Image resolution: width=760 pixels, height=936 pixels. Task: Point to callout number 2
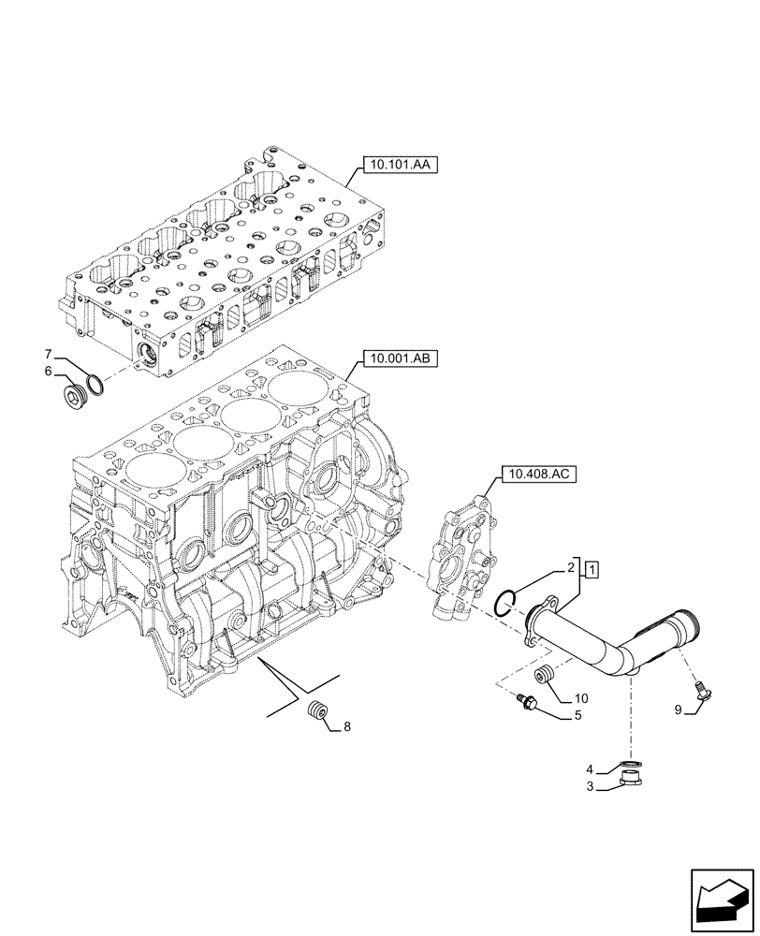pos(568,568)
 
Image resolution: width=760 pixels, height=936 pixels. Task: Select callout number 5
pos(577,716)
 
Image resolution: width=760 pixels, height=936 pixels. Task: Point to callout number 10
pos(580,697)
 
